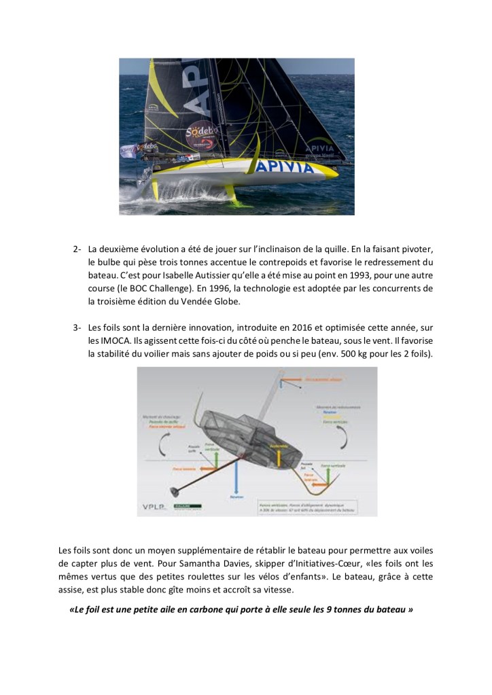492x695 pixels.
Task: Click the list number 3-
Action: [x=78, y=328]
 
